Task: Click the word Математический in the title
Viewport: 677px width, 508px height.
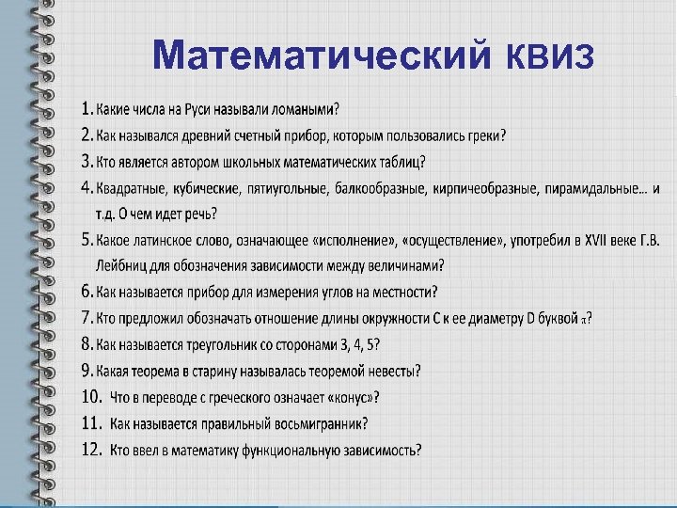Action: coord(319,55)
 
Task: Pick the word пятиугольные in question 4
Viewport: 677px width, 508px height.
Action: coord(286,188)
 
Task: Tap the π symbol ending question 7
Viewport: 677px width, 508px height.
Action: coord(585,319)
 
